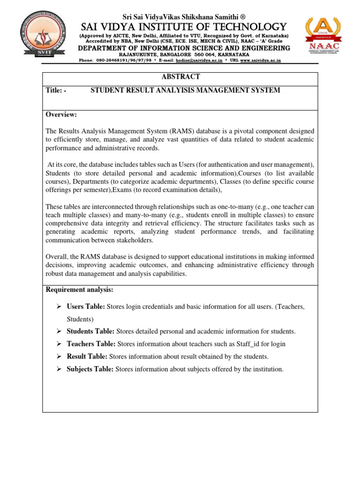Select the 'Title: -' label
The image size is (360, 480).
click(56, 90)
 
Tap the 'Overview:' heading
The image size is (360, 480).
click(61, 115)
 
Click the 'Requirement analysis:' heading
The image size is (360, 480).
click(79, 290)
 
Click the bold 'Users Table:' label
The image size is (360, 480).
click(86, 307)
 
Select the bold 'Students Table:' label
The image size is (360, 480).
click(90, 331)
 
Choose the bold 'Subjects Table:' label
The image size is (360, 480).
click(90, 369)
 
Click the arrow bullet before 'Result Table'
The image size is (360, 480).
click(59, 357)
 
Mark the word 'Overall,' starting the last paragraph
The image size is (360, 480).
click(57, 257)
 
